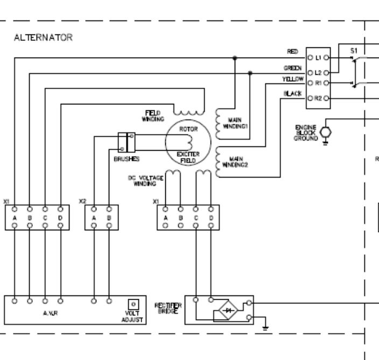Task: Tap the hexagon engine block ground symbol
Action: [x=325, y=132]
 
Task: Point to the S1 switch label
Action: [x=354, y=50]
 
